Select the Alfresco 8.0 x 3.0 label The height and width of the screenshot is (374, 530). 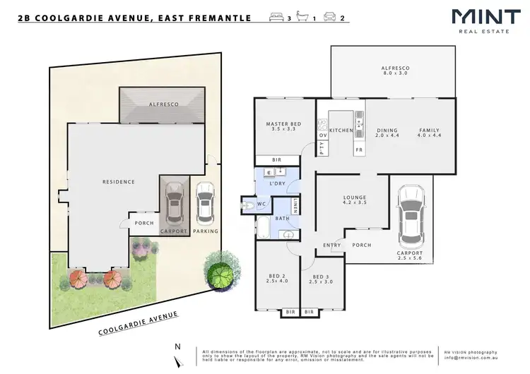tap(396, 71)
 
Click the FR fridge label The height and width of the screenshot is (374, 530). tap(359, 150)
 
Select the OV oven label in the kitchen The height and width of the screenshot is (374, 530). tap(323, 135)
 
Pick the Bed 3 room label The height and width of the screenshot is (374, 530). tap(321, 279)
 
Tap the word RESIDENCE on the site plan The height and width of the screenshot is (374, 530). tap(118, 181)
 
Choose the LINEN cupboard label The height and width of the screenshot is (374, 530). tap(295, 207)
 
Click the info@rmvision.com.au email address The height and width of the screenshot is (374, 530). tap(471, 358)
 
